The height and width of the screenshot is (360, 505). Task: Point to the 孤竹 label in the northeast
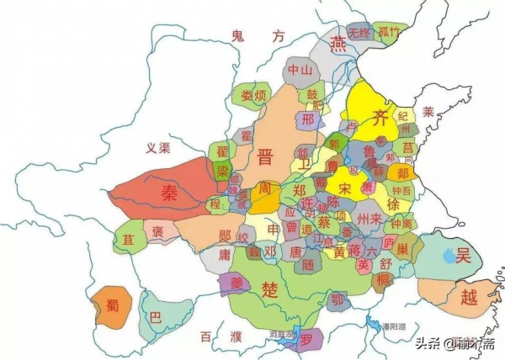pyautogui.click(x=388, y=31)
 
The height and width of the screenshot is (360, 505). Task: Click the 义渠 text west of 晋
pyautogui.click(x=158, y=148)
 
